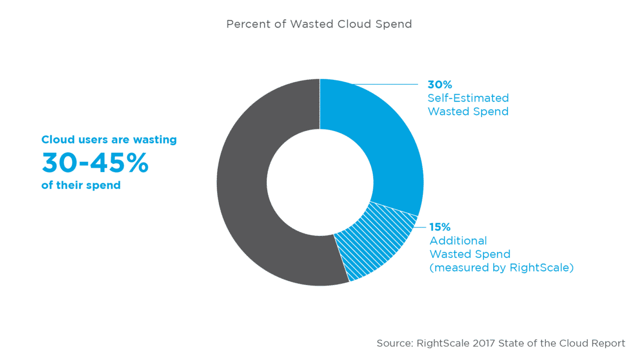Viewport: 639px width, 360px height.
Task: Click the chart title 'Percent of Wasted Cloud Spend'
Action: click(319, 24)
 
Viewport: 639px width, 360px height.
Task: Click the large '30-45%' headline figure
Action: click(95, 163)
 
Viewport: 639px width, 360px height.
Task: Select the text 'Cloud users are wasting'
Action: click(109, 140)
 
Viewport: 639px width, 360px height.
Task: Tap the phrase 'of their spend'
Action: click(81, 186)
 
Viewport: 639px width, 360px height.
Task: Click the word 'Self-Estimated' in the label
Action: click(468, 98)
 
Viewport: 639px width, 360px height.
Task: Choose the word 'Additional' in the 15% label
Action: click(458, 241)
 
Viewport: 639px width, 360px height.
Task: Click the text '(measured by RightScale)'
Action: click(501, 268)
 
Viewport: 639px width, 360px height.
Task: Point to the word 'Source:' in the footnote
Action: click(393, 343)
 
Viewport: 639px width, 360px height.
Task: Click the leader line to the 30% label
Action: click(383, 84)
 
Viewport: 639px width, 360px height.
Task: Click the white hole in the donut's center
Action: click(319, 181)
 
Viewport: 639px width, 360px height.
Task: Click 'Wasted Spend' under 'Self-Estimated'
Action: click(468, 112)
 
